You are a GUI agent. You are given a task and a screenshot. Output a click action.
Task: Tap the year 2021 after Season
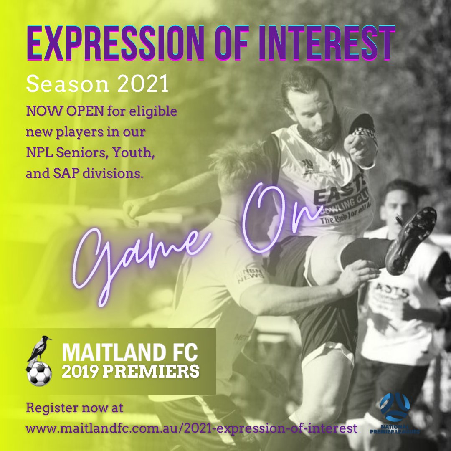pyautogui.click(x=142, y=85)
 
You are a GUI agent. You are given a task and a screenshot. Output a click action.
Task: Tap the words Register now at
pyautogui.click(x=75, y=408)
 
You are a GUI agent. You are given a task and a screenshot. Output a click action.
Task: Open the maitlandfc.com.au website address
pyautogui.click(x=192, y=428)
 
